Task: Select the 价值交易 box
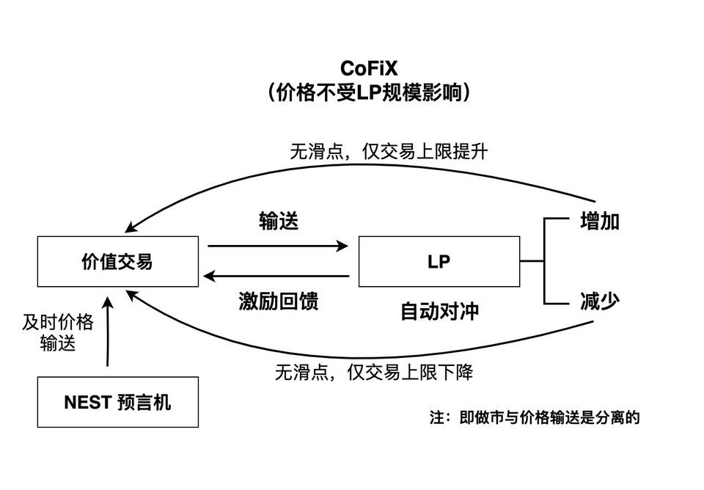coord(117,261)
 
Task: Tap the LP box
coord(439,261)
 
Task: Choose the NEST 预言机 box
coord(117,402)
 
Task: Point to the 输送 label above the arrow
coord(279,222)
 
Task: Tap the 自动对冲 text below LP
coord(439,310)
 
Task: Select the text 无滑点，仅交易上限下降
coord(374,373)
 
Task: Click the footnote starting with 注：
coord(535,418)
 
